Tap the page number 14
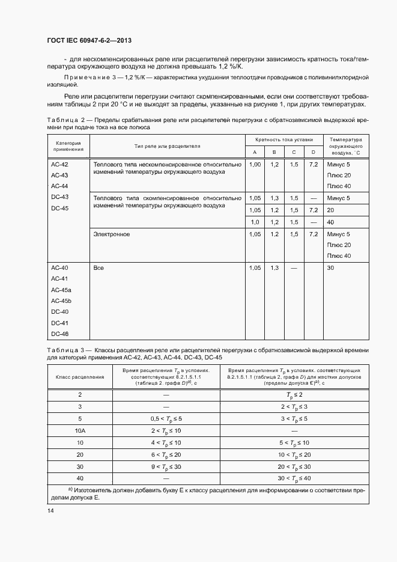click(50, 510)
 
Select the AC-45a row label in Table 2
click(60, 290)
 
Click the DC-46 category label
click(60, 334)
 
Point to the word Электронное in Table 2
click(112, 234)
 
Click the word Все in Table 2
click(98, 267)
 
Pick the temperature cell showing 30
click(331, 267)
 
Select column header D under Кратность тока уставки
click(312, 153)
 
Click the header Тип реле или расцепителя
click(168, 146)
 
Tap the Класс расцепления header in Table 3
click(80, 377)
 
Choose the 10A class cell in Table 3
click(80, 430)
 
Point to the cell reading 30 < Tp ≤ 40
click(294, 478)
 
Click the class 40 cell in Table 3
click(80, 478)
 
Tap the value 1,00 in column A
click(255, 164)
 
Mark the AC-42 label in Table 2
click(60, 165)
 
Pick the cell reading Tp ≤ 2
click(294, 394)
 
